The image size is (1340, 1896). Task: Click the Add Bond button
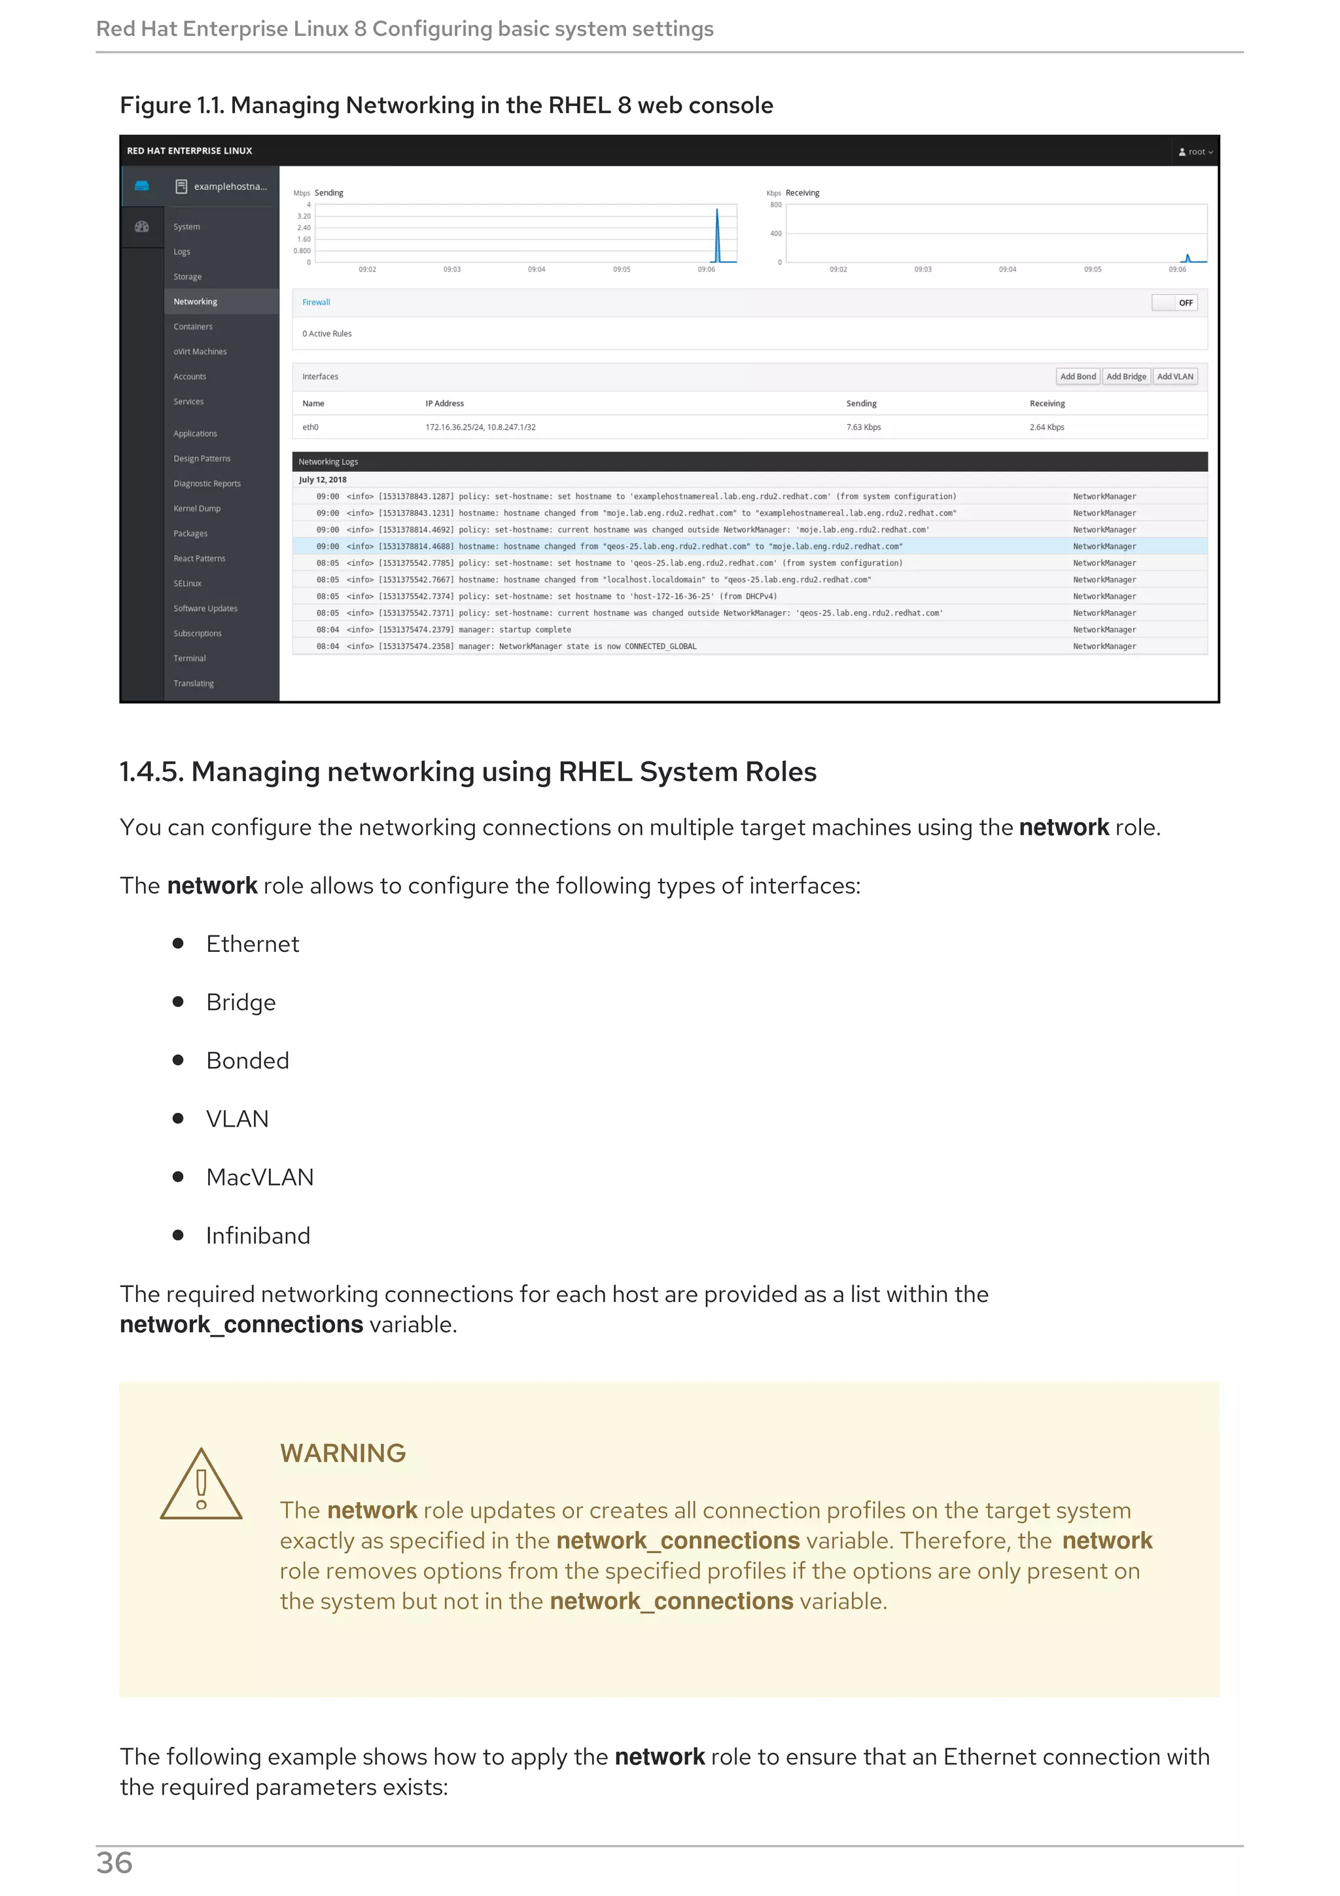[1078, 377]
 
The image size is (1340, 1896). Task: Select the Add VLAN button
[1175, 377]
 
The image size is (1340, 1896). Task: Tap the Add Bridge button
[1126, 377]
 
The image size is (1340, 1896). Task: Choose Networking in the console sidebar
[196, 302]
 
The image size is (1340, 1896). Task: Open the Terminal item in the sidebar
[189, 658]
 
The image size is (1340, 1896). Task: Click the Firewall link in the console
[316, 302]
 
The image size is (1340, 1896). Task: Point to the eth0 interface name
[310, 427]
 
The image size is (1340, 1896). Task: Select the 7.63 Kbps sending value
[864, 427]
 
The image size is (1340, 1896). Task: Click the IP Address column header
[444, 404]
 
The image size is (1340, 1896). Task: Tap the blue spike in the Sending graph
[716, 236]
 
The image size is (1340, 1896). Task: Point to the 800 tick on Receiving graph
[775, 205]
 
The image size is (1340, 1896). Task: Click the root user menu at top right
[1195, 152]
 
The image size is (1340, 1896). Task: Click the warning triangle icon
[202, 1486]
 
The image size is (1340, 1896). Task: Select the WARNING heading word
[343, 1452]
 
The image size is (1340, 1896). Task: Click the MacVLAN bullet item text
[260, 1178]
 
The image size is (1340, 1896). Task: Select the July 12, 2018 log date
[323, 480]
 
